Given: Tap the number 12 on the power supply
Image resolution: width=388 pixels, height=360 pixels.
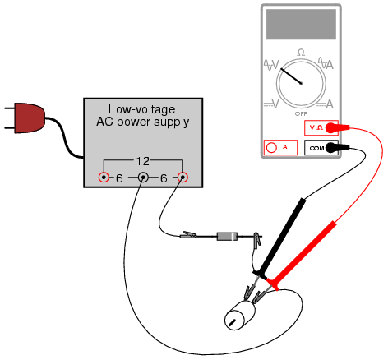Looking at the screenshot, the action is pos(143,161).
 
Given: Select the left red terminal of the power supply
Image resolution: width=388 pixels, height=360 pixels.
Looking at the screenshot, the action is pos(104,178).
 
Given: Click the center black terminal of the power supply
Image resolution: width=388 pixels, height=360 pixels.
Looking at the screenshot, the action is pos(143,178).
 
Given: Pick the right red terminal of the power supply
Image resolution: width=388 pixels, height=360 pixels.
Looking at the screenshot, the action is pos(182,178).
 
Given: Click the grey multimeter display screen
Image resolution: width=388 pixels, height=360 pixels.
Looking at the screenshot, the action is pos(301,24).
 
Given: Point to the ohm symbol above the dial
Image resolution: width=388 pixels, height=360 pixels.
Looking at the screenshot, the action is pos(301,53).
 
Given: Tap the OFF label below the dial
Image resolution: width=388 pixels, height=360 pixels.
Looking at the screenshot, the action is pos(301,113).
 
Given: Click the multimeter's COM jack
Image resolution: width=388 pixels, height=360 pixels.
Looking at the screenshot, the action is pos(321,148).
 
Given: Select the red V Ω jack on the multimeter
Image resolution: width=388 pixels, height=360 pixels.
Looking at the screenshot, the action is pos(321,127).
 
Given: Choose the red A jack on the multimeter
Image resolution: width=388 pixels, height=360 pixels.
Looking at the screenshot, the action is pos(280,148).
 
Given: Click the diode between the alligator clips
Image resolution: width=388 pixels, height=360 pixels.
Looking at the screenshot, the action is pos(227,237).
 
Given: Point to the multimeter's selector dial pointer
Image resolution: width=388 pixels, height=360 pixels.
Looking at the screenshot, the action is pos(291,76).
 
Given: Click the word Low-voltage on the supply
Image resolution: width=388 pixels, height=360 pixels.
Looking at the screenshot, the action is pos(141,109).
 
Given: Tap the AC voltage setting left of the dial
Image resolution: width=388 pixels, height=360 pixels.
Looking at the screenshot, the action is pos(271,65).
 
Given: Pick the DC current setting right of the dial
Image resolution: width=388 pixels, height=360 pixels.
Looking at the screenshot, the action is pos(326,104).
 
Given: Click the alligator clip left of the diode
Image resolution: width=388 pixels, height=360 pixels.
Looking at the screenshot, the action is pos(188,235).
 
